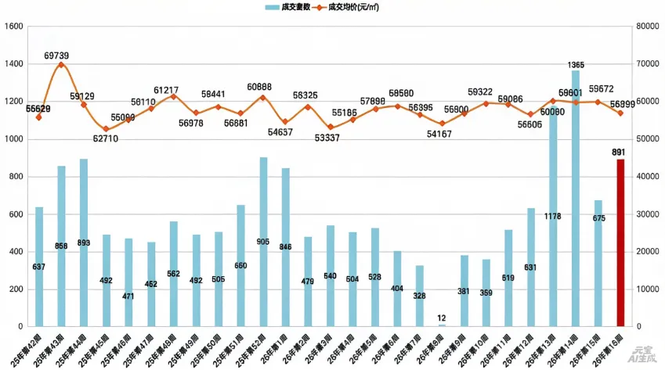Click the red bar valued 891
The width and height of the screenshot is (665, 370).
pos(620,242)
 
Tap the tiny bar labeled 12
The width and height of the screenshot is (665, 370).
pos(442,325)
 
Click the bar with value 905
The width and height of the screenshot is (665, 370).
pos(263,242)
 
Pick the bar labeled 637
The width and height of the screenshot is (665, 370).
pos(39,267)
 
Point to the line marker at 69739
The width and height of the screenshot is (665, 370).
pos(61,65)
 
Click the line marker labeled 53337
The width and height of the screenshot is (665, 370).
pos(331,127)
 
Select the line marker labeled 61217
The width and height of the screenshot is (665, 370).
pos(173,96)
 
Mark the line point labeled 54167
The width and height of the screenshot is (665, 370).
pos(442,124)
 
